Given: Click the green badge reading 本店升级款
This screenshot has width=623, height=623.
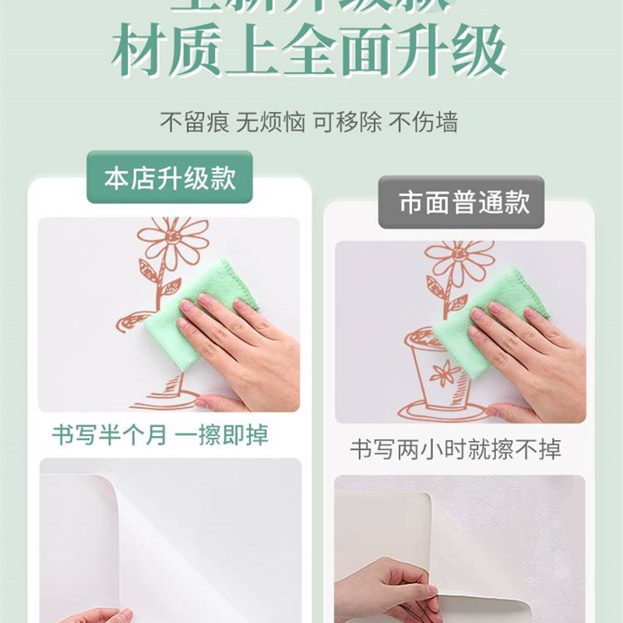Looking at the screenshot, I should point(170,178).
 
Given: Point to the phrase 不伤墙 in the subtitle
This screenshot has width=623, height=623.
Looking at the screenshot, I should point(423,121).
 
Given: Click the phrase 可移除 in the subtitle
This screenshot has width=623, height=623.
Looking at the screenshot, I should point(347,121).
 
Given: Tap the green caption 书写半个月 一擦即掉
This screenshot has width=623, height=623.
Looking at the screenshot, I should point(160,435).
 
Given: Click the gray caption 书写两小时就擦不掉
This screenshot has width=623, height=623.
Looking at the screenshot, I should point(455,449).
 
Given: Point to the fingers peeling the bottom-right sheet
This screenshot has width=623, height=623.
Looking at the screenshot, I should point(389,592).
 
